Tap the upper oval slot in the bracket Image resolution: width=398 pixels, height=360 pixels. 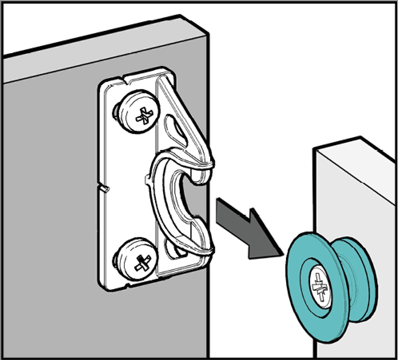click(x=176, y=130)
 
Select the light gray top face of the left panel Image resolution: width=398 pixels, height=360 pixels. click(x=100, y=52)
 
